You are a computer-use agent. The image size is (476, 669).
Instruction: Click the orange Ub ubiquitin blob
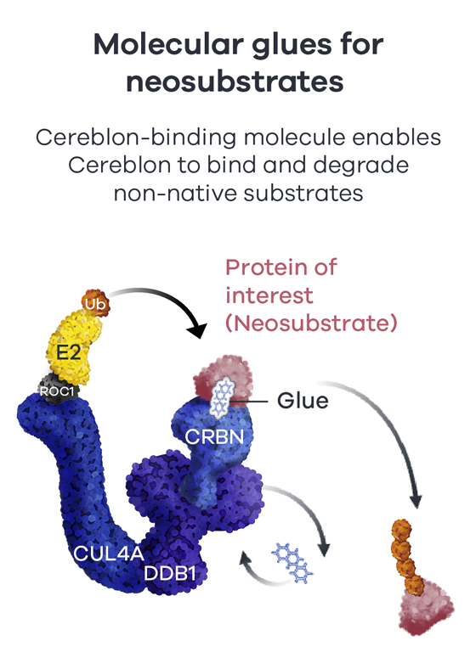coord(96,303)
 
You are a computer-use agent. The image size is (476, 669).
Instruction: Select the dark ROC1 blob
coord(57,389)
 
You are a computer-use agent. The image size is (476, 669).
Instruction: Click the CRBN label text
coord(214,436)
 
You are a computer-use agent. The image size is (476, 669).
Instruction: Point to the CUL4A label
coord(109,554)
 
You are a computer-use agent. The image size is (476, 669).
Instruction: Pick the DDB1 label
coord(170,573)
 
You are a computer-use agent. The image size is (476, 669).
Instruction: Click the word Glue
coord(303,401)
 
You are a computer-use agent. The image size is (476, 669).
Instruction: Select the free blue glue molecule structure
coord(292,562)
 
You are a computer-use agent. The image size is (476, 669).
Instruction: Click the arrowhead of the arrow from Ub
coord(197,330)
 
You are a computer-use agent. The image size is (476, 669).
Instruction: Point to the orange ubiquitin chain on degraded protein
coord(407,556)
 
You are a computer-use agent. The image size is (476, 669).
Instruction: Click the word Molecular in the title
coord(169,44)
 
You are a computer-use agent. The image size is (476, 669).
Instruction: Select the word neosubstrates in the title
coord(235,82)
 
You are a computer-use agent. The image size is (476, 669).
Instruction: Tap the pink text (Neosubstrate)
coord(311,323)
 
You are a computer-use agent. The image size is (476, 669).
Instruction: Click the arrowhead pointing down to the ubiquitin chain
coord(416,501)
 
